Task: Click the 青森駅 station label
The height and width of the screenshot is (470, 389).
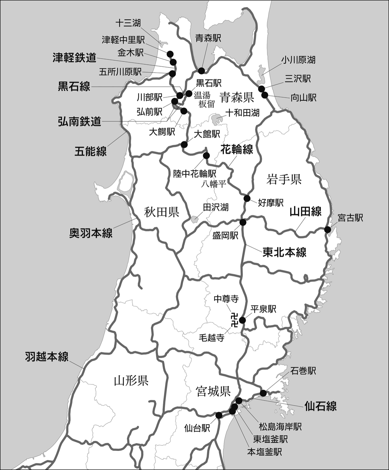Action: coord(208,39)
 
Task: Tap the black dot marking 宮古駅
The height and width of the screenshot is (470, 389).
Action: coord(327,229)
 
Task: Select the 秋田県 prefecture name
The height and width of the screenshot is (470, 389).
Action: coord(162,213)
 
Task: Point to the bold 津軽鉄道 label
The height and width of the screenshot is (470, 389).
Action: coord(75,58)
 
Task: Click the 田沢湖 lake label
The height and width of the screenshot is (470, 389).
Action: coord(216,207)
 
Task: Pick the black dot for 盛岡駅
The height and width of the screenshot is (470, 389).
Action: coord(243,222)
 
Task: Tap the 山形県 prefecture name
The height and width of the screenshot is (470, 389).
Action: coord(131,380)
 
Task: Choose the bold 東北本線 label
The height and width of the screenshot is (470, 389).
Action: coord(284,252)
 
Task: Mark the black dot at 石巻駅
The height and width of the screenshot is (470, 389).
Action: coord(263,393)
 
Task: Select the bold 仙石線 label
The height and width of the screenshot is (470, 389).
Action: coord(321,406)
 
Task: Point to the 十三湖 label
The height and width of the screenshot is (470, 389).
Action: coord(128,23)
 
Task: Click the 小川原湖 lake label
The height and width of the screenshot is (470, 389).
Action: coord(298,60)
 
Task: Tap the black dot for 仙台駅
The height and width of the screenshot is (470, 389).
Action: coord(219,415)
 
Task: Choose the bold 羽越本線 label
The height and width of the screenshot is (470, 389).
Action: coord(47,357)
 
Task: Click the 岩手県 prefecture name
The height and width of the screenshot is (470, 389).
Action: coord(284,179)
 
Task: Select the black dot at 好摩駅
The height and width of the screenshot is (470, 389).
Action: coord(247,198)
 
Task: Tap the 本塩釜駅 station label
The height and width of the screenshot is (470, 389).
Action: coord(264,452)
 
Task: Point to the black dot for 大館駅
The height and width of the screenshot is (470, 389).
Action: coord(184,144)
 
